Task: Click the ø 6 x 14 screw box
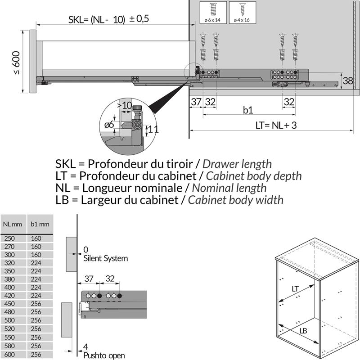(211, 13)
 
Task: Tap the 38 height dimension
(347, 81)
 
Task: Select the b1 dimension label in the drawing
(248, 110)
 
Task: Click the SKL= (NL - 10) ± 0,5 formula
(108, 19)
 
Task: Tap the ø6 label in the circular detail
(109, 125)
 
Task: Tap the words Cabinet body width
(235, 199)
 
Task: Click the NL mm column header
(13, 224)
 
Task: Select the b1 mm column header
(40, 224)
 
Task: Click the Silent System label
(105, 258)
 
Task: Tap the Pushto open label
(104, 355)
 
